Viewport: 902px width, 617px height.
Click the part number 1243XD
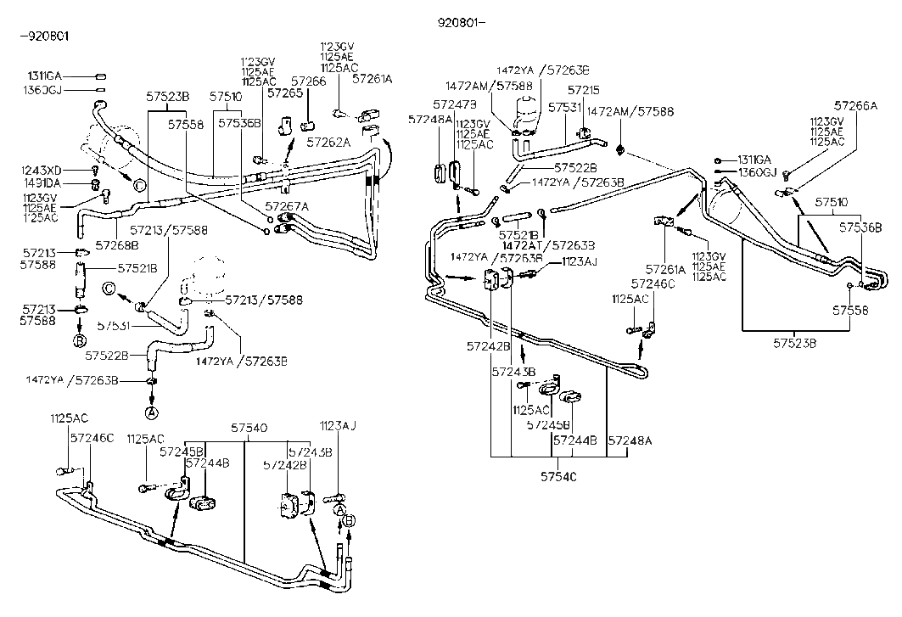click(x=43, y=171)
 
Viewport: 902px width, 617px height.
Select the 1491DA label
click(x=43, y=184)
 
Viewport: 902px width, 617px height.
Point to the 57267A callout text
click(x=287, y=206)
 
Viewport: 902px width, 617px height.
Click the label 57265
click(x=285, y=93)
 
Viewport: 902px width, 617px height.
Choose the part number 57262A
click(x=328, y=142)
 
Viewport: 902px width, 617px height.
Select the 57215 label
click(x=585, y=89)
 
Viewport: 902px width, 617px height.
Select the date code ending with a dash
click(x=462, y=25)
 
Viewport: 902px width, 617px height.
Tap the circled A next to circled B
click(x=339, y=509)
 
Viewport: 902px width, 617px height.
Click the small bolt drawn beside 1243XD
click(x=95, y=171)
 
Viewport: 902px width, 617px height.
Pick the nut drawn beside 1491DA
click(x=95, y=184)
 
